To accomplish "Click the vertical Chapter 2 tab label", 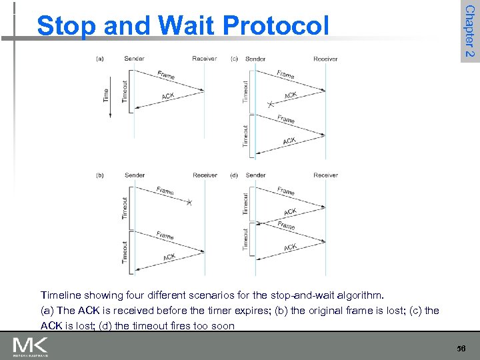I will [469, 31].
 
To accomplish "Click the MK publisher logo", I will [29, 347].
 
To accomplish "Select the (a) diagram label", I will [100, 59].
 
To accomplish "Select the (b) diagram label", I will [100, 175].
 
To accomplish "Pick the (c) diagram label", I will [234, 59].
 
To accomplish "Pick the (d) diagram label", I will [234, 175].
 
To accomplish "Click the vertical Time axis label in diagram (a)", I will [105, 95].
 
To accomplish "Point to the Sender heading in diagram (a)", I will [134, 59].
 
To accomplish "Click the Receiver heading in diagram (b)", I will [204, 175].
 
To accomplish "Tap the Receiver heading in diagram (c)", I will [325, 59].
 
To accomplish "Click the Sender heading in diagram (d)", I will [255, 175].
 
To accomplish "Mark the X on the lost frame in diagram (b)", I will [189, 202].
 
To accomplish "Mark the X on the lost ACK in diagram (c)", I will [270, 105].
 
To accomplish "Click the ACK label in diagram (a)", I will [168, 97].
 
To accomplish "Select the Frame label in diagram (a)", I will [166, 75].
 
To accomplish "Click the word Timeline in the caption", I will [61, 294].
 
